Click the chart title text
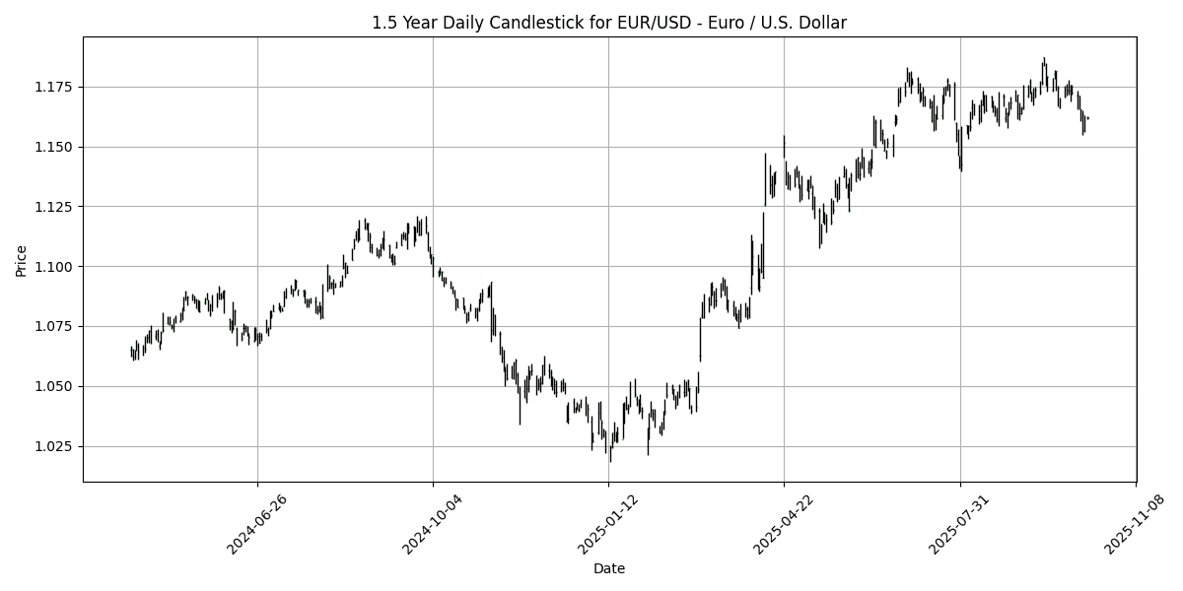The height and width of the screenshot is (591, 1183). point(608,23)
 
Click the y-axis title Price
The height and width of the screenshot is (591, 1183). point(21,260)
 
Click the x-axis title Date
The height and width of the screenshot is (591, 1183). point(608,568)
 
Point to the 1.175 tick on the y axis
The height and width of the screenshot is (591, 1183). point(56,87)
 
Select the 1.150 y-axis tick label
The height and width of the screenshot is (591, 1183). point(56,147)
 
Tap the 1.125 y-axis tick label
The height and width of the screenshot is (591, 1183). point(56,207)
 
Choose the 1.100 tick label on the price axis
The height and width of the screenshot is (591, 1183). point(56,267)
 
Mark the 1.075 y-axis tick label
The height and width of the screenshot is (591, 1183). point(56,327)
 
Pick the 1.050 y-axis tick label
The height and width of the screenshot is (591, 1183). point(56,386)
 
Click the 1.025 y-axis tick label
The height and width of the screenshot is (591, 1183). point(56,446)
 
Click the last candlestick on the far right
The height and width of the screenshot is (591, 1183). point(1087,118)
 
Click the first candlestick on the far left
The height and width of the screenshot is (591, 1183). point(131,352)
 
